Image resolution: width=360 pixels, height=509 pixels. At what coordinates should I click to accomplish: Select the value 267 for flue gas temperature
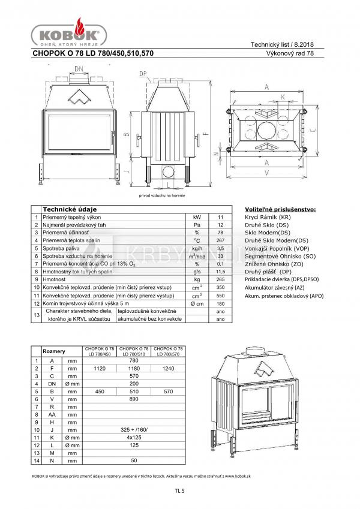(220, 240)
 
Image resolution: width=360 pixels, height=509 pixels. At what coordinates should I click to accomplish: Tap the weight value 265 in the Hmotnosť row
(220, 279)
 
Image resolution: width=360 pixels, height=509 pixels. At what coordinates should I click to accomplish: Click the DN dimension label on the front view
(79, 70)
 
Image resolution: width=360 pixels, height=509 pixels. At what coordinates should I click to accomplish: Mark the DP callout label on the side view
(142, 74)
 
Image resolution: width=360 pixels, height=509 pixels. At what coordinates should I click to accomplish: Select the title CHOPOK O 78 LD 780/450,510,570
(93, 53)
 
